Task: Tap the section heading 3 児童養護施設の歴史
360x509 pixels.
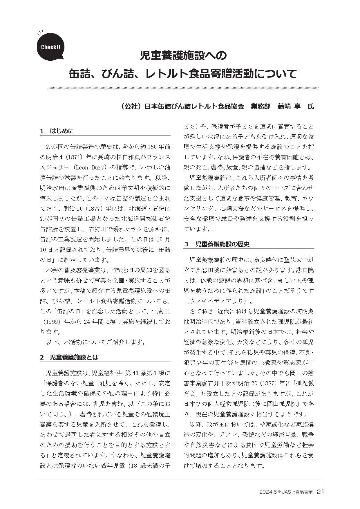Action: click(x=217, y=244)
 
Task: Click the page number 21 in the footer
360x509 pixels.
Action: click(x=321, y=492)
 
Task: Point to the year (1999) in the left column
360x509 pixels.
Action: click(x=51, y=322)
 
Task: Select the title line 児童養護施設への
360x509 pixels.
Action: click(x=183, y=55)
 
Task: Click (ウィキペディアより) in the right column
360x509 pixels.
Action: click(x=216, y=300)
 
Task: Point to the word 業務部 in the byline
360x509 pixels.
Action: click(x=260, y=107)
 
